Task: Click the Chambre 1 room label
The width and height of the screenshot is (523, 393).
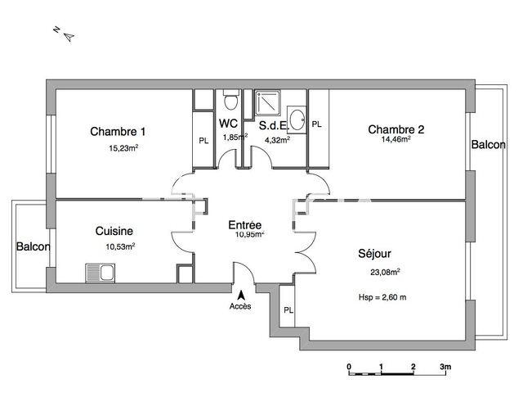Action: (x=118, y=132)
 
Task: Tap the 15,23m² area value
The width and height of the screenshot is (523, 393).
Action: (x=123, y=148)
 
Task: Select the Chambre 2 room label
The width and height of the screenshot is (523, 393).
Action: (x=396, y=129)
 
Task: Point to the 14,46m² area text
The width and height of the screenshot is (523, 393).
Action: (x=396, y=139)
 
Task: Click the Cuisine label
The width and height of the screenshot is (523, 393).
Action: (x=114, y=232)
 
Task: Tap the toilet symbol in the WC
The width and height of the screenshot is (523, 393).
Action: (x=230, y=102)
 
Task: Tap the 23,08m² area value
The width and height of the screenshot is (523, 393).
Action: (x=385, y=273)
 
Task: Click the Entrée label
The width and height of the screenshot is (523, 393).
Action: (x=245, y=224)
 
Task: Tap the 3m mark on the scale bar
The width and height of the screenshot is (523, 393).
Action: (x=445, y=367)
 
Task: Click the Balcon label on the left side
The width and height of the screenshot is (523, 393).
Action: (x=34, y=246)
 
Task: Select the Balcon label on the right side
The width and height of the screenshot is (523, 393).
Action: (x=488, y=144)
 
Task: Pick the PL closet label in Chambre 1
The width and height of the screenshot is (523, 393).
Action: (x=203, y=140)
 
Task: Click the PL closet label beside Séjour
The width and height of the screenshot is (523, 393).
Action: (x=288, y=309)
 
